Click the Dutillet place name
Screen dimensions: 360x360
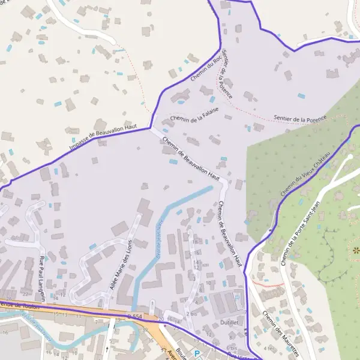click(229, 322)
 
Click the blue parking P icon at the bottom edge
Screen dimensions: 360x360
click(196, 354)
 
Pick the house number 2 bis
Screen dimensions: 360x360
click(191, 314)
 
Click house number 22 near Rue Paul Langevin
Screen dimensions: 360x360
click(25, 295)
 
